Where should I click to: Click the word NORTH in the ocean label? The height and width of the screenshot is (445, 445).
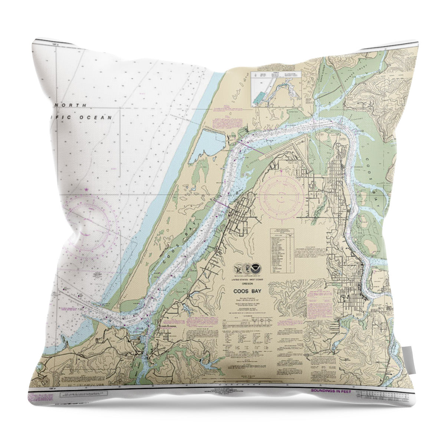tap(77, 105)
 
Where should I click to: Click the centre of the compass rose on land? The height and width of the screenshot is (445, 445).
tap(281, 195)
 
